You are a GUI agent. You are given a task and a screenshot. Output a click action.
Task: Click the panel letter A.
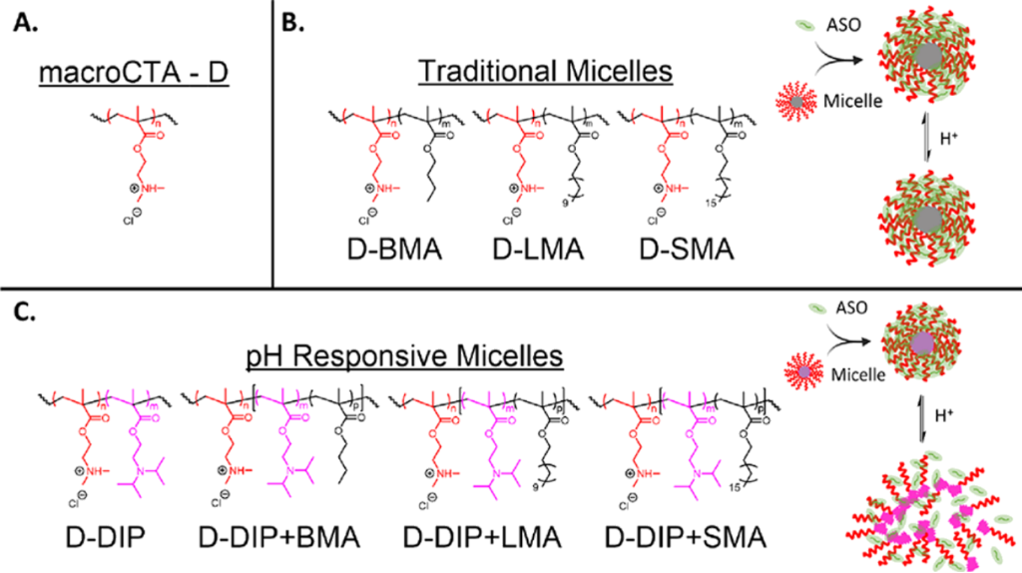(26, 23)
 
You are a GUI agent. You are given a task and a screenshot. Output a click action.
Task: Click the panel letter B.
(292, 23)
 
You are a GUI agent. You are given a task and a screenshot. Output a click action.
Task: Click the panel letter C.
(25, 312)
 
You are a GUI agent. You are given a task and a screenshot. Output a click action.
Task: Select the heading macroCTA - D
(134, 72)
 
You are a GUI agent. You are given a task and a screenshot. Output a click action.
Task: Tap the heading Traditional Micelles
(545, 71)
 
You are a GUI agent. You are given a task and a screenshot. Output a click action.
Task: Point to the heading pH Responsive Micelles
(405, 356)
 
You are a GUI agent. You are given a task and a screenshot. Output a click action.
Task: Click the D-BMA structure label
(394, 250)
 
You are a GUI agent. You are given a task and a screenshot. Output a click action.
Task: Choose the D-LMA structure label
(538, 250)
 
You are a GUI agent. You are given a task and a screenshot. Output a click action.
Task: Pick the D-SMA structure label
(687, 250)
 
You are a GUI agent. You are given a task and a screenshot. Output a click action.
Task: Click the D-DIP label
(106, 537)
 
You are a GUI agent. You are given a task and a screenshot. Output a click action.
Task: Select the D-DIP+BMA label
(279, 537)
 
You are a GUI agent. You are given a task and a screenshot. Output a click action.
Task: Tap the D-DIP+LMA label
(482, 537)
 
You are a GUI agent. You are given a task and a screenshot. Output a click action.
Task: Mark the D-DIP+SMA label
(686, 537)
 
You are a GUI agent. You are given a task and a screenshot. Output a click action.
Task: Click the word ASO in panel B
(843, 25)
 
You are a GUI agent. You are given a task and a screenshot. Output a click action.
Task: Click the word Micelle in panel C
(858, 374)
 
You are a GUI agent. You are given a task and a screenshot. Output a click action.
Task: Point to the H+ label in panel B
(949, 138)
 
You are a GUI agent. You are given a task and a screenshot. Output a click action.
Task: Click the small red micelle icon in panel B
(796, 102)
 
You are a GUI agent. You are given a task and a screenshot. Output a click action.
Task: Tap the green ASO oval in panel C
(817, 308)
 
